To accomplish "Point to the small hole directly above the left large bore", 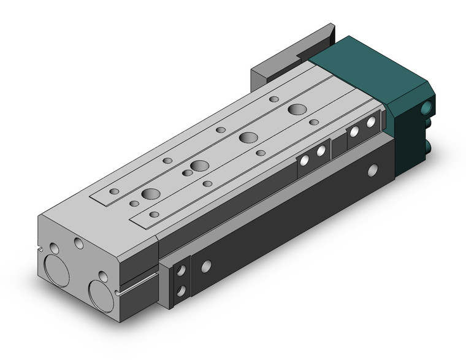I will click(x=55, y=250).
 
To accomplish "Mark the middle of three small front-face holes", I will click(x=79, y=243).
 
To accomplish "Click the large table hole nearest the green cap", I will click(x=297, y=110).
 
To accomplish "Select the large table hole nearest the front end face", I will click(x=150, y=194).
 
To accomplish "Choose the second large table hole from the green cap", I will click(x=248, y=137).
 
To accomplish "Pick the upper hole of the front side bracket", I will click(x=180, y=270).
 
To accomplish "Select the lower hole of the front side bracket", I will click(x=180, y=289).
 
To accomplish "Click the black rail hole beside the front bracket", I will click(x=207, y=266).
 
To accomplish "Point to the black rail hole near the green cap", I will click(x=372, y=170).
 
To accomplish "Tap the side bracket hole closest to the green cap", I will click(x=370, y=123).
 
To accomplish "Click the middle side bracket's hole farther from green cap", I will click(x=304, y=161).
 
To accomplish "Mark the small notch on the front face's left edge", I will click(x=41, y=251).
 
